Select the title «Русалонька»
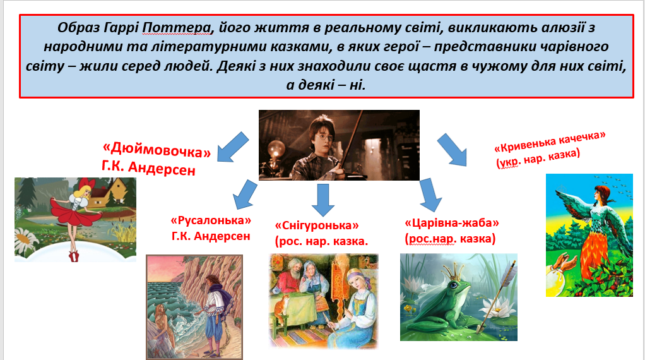pyautogui.click(x=211, y=220)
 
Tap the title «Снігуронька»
pyautogui.click(x=317, y=225)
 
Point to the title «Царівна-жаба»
pyautogui.click(x=451, y=223)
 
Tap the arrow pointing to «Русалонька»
pyautogui.click(x=244, y=194)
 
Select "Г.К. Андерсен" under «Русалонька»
pyautogui.click(x=211, y=236)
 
